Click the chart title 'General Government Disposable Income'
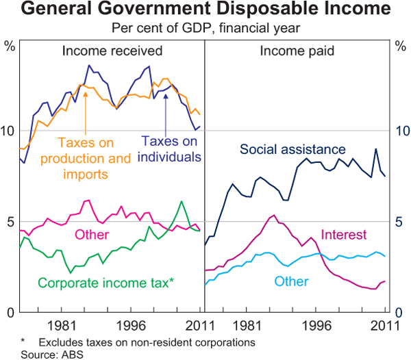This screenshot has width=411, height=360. click(206, 11)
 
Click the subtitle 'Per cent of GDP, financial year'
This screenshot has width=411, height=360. click(206, 29)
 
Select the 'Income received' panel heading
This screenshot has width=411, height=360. click(112, 51)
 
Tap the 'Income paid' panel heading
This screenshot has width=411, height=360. click(295, 51)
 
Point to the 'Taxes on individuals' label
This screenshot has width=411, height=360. click(171, 149)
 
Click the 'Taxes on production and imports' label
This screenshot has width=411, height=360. click(85, 158)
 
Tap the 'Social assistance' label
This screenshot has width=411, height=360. click(293, 149)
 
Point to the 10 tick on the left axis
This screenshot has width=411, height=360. click(8, 131)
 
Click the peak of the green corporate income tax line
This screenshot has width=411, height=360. click(181, 201)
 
